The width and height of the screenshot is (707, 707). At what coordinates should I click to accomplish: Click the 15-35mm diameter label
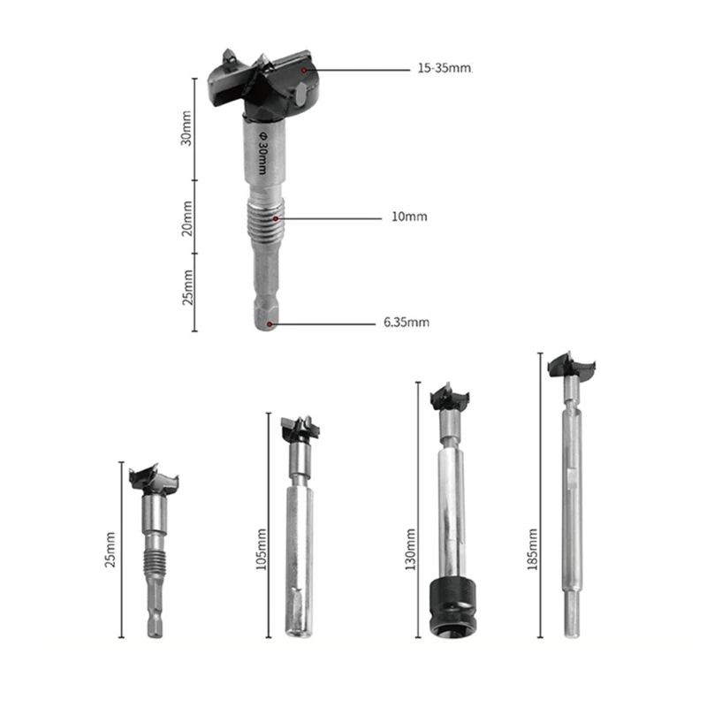click(444, 68)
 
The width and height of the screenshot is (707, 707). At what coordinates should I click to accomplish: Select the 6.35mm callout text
click(407, 323)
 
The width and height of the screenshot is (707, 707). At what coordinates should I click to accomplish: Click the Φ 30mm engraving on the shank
click(262, 145)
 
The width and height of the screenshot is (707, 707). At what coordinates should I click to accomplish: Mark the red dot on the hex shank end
click(277, 323)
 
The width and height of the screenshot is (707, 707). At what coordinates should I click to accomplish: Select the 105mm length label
click(260, 549)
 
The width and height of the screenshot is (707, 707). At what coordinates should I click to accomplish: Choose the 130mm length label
click(410, 549)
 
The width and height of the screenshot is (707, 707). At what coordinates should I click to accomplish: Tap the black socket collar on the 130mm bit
click(449, 608)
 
